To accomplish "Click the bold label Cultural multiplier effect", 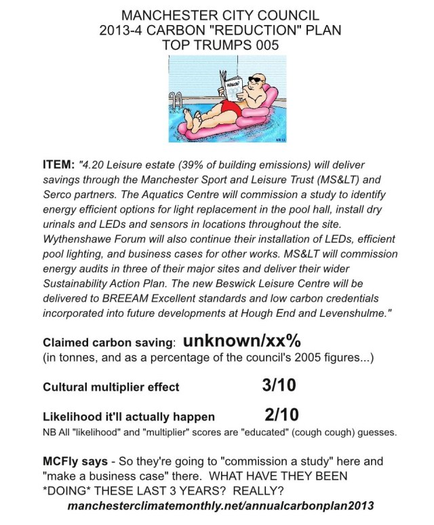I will [x=111, y=388].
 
